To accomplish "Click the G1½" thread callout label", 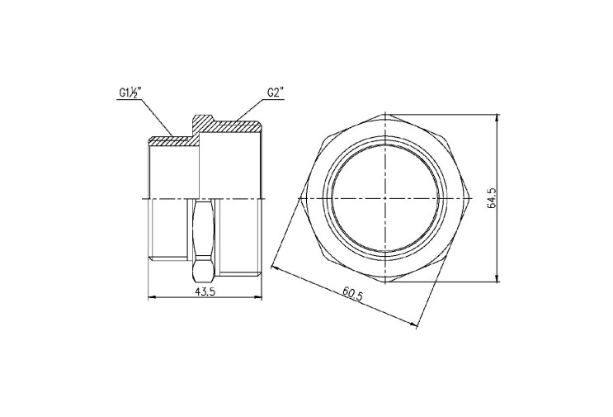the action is click(130, 93).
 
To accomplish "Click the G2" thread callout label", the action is click(276, 92).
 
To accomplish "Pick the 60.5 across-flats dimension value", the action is click(352, 293).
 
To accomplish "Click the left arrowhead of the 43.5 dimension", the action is click(152, 297).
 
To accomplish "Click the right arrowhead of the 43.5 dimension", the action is click(258, 297).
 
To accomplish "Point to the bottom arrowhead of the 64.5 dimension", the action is click(497, 278).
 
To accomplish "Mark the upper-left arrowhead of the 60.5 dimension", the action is click(275, 268).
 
